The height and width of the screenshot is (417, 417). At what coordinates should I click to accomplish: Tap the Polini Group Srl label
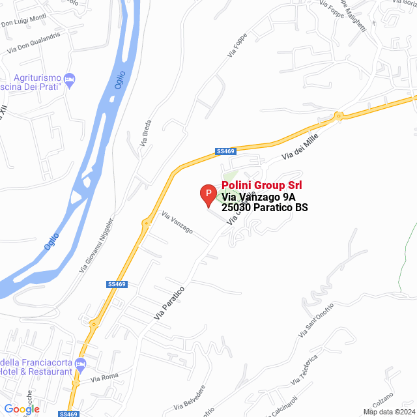pos(262,186)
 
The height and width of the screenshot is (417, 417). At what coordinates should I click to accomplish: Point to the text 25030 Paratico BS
pos(265,208)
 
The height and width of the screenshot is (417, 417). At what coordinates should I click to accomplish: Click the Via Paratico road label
pos(169,303)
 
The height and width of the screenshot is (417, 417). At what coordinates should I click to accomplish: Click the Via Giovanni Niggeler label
pos(96,246)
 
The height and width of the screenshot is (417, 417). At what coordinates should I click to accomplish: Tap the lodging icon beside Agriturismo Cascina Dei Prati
pos(70,79)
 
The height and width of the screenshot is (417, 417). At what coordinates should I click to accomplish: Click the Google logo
pos(22,409)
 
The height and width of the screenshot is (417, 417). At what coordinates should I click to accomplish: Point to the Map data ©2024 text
pos(388,412)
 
